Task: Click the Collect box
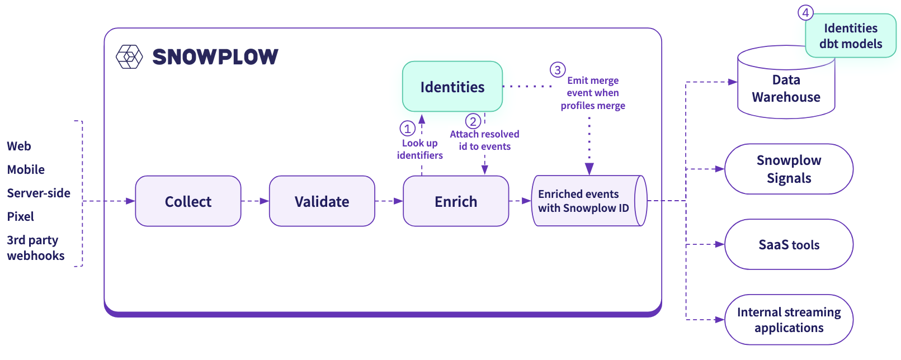point(188,201)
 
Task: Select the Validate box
point(322,201)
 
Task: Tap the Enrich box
point(456,201)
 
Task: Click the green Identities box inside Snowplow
point(452,87)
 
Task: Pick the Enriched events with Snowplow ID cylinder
point(584,201)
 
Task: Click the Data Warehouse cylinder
point(786,89)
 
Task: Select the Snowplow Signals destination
point(789,169)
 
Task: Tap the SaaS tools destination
point(789,244)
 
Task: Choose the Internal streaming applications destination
point(789,320)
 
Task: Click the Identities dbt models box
point(851,36)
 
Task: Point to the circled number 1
point(407,129)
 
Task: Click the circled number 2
point(473,121)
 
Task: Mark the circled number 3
point(558,70)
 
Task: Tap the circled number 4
point(805,12)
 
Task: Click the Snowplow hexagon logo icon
point(129,56)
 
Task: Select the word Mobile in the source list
point(26,169)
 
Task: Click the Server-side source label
point(39,193)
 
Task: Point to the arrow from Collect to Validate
point(256,201)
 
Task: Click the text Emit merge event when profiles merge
point(593,93)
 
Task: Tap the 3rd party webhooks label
point(35,248)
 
